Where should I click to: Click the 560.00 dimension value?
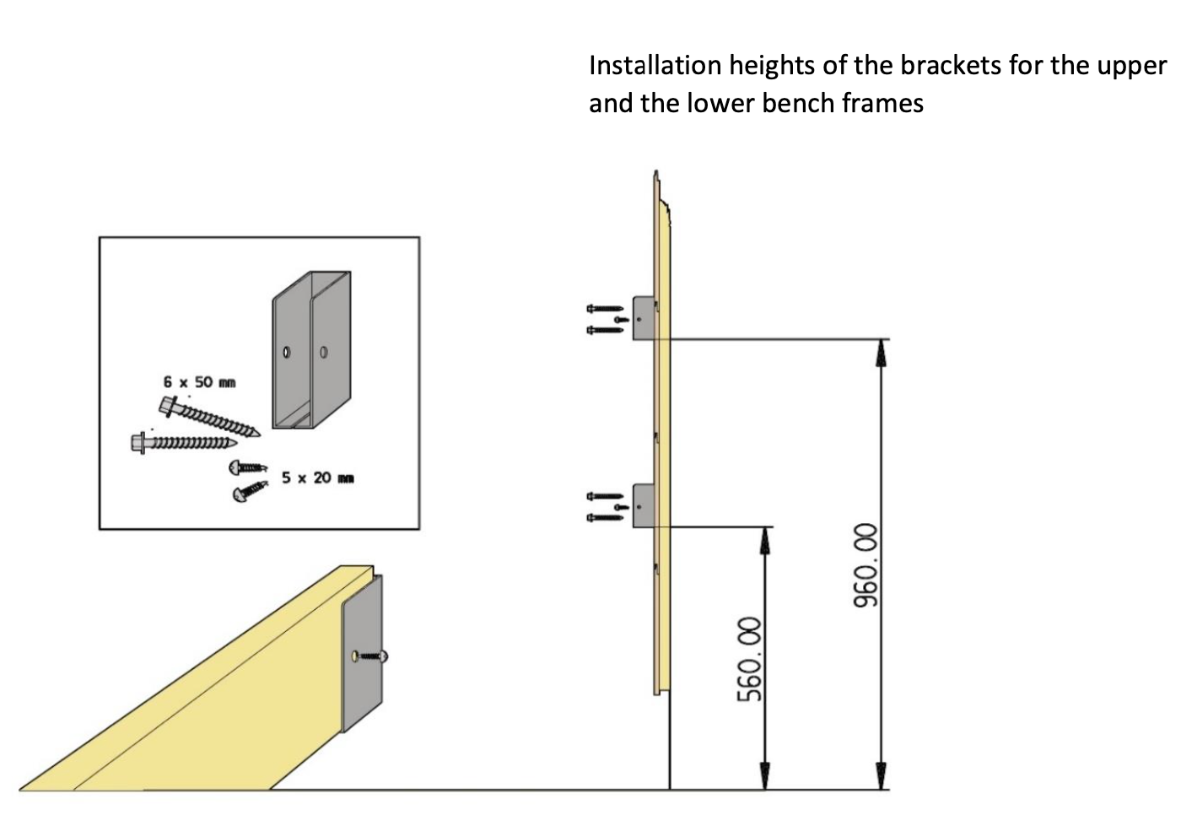click(750, 660)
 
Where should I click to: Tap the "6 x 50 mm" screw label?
click(199, 382)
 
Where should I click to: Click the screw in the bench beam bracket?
click(371, 656)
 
